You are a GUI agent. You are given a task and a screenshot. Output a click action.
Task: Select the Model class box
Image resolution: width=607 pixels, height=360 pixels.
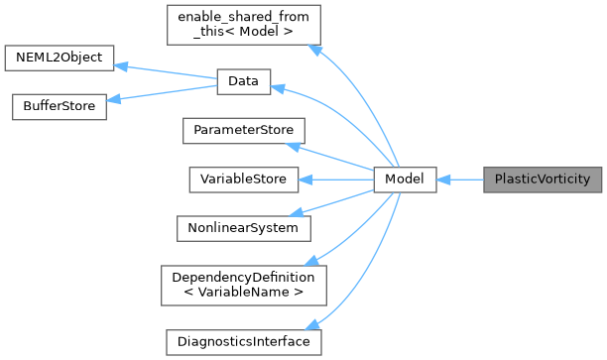tap(405, 180)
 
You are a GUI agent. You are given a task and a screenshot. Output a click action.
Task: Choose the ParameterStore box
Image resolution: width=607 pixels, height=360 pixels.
tap(243, 131)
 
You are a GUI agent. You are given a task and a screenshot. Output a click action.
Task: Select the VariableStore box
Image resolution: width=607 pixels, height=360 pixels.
tap(243, 180)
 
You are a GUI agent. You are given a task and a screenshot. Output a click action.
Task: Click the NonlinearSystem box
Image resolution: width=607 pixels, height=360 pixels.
tap(243, 227)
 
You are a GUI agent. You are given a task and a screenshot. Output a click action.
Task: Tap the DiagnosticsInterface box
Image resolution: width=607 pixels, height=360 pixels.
tap(243, 342)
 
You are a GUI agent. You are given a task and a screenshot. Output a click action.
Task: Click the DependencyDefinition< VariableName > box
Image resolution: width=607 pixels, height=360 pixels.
tap(243, 285)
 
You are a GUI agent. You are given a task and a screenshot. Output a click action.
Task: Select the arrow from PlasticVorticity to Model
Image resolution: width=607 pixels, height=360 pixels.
tap(459, 180)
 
